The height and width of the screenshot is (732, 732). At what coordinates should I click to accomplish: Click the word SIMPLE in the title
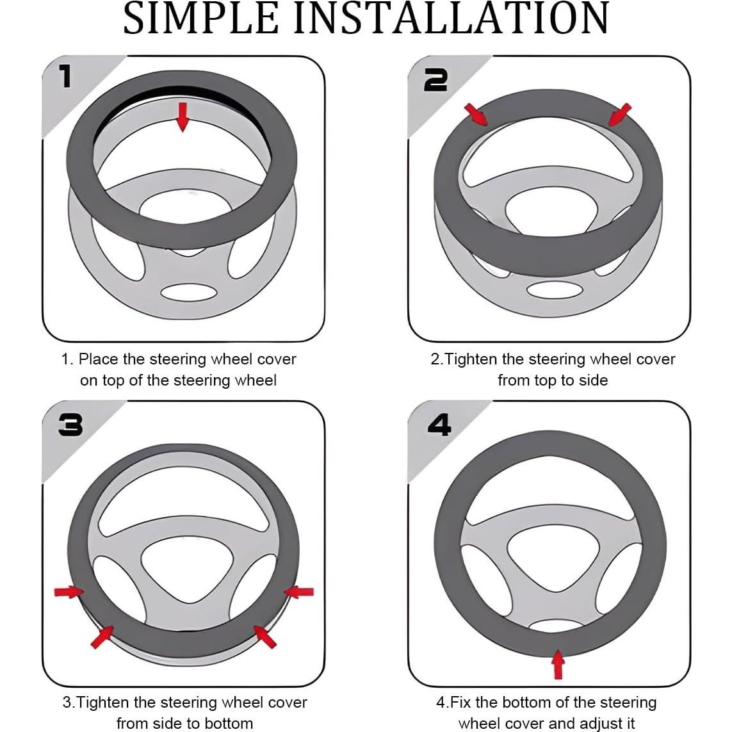(200, 18)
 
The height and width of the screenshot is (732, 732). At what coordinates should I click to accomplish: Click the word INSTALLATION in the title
(451, 18)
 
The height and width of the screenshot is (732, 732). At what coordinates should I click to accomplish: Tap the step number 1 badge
(65, 76)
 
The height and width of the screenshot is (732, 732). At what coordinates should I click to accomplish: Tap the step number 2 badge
(435, 80)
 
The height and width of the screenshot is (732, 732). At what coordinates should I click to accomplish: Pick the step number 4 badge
(440, 425)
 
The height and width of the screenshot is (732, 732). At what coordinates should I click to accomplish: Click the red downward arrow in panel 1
(183, 117)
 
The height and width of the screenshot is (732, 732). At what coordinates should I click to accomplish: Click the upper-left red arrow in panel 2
(476, 115)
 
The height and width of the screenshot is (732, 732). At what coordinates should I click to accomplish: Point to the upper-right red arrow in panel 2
(620, 115)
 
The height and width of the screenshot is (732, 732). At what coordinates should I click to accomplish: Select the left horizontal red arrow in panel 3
(69, 592)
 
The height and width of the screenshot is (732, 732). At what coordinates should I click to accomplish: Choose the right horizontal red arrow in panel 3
(299, 592)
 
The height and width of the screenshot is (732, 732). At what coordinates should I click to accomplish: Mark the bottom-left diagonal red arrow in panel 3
(102, 637)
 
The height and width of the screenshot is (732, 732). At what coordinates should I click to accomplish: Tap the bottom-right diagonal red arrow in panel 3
(264, 637)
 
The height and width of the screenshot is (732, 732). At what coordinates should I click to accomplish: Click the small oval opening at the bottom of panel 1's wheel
(189, 293)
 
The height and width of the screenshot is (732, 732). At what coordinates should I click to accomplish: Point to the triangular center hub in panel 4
(553, 558)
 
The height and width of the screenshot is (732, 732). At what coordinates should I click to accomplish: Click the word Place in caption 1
(99, 359)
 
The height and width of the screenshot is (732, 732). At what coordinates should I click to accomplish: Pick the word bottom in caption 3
(229, 723)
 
